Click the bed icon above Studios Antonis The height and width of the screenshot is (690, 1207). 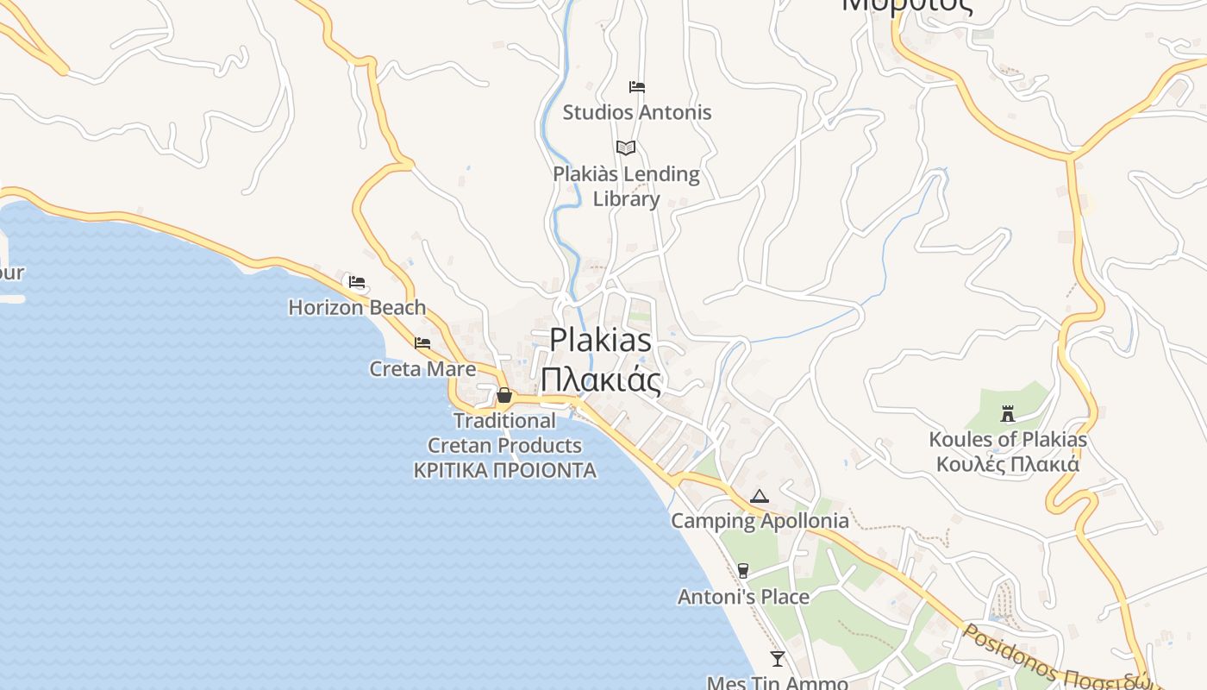coord(637,87)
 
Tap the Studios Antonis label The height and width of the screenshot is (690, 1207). coord(637,112)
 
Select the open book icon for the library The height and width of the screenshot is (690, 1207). coord(626,147)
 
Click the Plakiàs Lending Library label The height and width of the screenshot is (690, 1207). coord(626,186)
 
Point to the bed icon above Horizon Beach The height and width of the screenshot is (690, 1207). coord(357,282)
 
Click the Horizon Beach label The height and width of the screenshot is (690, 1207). coord(357,307)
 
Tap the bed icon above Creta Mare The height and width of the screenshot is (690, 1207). coord(422,343)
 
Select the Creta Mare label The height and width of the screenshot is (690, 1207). coord(422,369)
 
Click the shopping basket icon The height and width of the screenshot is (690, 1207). coord(504,396)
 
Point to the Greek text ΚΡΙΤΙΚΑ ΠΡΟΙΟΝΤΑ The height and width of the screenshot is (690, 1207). coord(504,471)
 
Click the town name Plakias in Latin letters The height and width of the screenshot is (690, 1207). coord(600,340)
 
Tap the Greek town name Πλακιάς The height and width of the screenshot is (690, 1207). coord(600,379)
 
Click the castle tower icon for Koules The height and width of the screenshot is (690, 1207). coord(1008,414)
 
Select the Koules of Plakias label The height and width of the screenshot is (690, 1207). coord(1008,439)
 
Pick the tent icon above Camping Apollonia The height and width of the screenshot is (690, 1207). coord(759,496)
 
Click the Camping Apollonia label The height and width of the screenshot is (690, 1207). coord(760,521)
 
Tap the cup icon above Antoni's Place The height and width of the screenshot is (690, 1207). coord(743,571)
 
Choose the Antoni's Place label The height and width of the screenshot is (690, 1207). coord(743,597)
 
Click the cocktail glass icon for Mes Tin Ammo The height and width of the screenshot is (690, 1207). coord(778,659)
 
